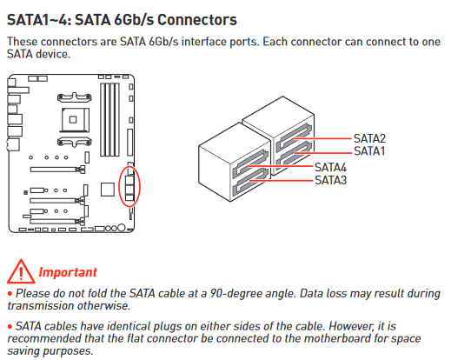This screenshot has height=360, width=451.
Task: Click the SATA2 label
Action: pyautogui.click(x=369, y=138)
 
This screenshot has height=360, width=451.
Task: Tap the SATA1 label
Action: pyautogui.click(x=369, y=151)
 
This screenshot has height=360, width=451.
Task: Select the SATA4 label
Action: pyautogui.click(x=330, y=168)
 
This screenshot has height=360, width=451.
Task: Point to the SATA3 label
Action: pyautogui.click(x=330, y=180)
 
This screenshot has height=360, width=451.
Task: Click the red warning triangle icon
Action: pyautogui.click(x=21, y=271)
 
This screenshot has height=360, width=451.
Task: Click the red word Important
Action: pyautogui.click(x=68, y=272)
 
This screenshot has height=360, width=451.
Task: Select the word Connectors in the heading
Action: pyautogui.click(x=197, y=20)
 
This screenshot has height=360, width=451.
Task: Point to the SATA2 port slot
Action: pyautogui.click(x=293, y=137)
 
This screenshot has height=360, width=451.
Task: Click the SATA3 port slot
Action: pyautogui.click(x=250, y=182)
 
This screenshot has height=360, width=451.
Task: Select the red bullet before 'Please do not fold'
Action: pyautogui.click(x=10, y=294)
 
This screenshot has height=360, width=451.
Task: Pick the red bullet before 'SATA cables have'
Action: pyautogui.click(x=10, y=327)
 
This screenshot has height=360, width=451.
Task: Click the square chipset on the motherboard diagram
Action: pyautogui.click(x=108, y=190)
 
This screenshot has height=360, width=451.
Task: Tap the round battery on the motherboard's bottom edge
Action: pyautogui.click(x=122, y=228)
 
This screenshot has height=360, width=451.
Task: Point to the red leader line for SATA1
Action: pyautogui.click(x=322, y=153)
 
